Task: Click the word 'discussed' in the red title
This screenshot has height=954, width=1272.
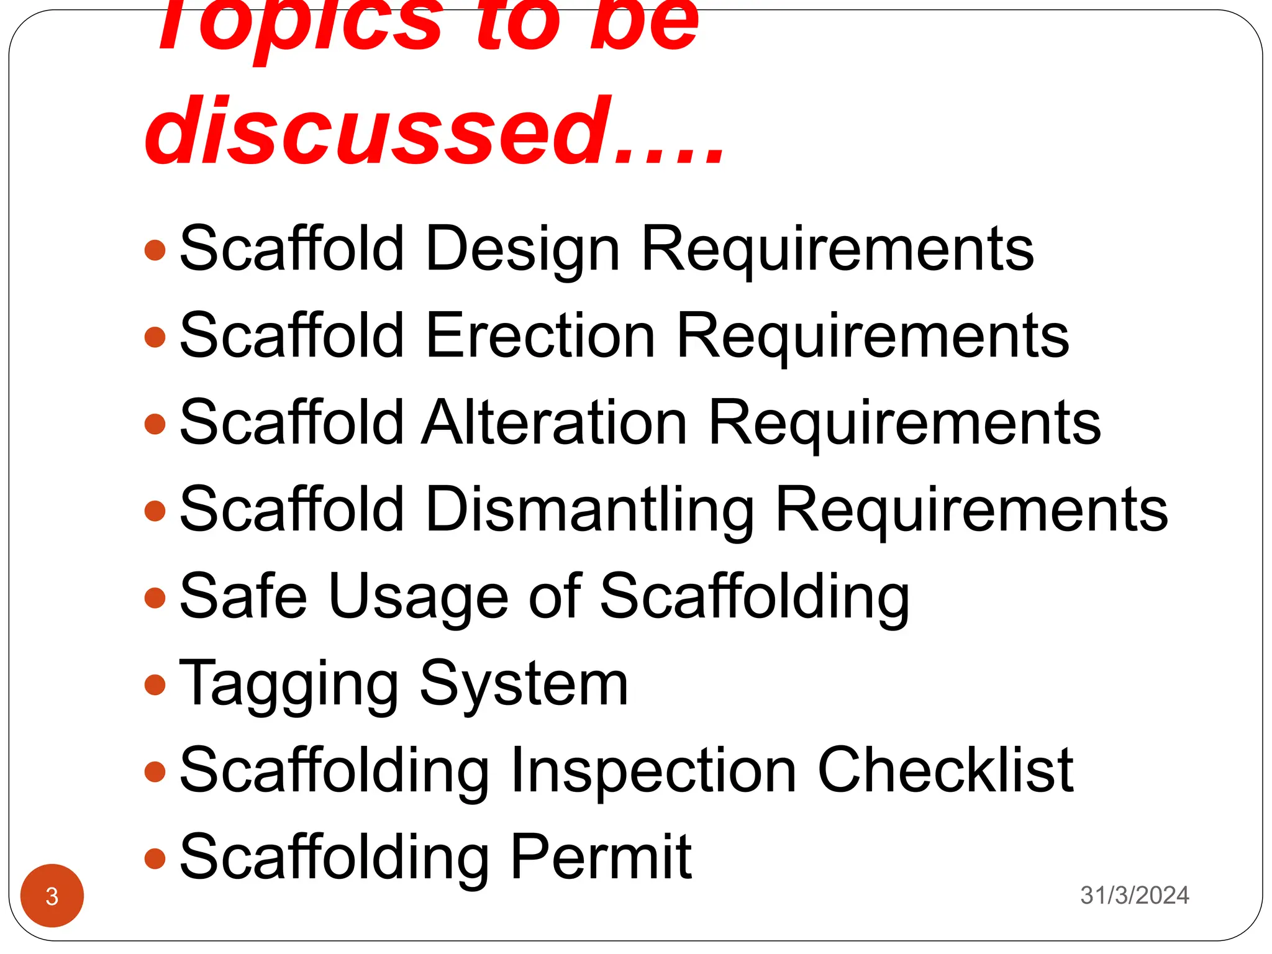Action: [x=379, y=132]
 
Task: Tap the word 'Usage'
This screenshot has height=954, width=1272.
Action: [x=419, y=597]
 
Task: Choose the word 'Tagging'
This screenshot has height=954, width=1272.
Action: [x=288, y=684]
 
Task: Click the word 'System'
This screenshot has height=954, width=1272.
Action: [x=524, y=684]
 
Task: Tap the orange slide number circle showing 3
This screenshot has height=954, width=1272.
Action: [x=52, y=896]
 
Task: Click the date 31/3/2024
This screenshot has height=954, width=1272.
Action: [x=1134, y=895]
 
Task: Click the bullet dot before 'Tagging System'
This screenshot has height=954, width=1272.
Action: [x=155, y=685]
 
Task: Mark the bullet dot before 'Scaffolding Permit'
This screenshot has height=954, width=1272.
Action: [x=155, y=859]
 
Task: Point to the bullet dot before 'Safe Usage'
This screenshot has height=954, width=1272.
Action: [x=155, y=598]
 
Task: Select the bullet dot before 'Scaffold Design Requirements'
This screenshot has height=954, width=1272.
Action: [x=155, y=250]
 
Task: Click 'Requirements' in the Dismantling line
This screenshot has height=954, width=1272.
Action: [x=972, y=511]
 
